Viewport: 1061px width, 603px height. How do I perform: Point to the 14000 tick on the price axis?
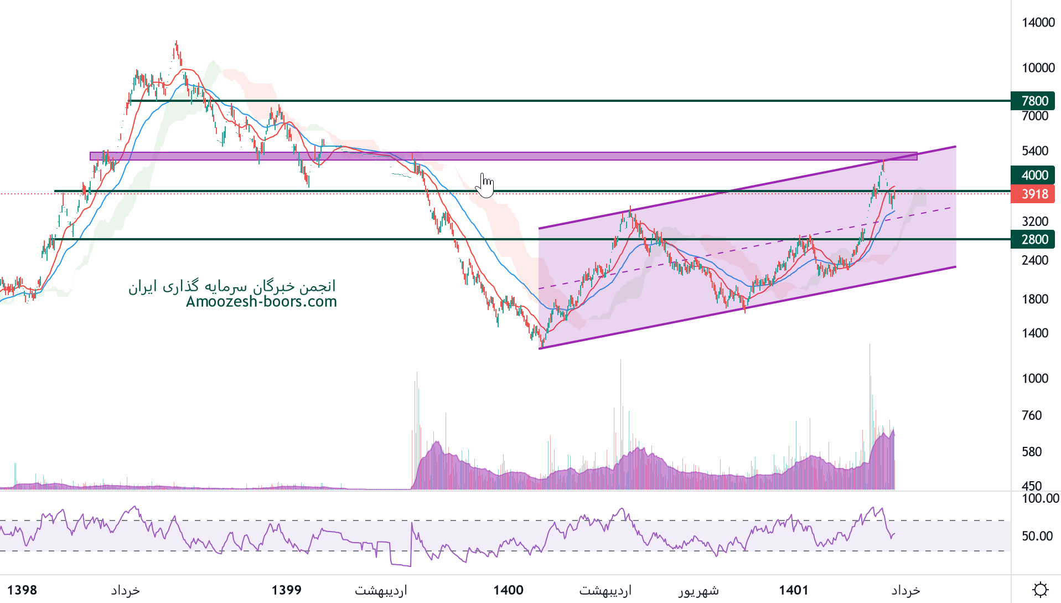pyautogui.click(x=1038, y=22)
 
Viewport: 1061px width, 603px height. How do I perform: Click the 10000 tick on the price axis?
pyautogui.click(x=1038, y=68)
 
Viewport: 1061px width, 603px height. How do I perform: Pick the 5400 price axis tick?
pyautogui.click(x=1035, y=151)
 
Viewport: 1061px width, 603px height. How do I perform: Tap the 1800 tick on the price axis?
pyautogui.click(x=1035, y=299)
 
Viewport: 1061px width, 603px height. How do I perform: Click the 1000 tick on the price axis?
pyautogui.click(x=1035, y=378)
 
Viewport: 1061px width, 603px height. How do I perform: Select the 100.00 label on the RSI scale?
pyautogui.click(x=1040, y=498)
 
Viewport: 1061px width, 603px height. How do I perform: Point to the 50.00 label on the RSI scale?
pyautogui.click(x=1037, y=536)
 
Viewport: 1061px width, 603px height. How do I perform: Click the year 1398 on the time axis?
pyautogui.click(x=22, y=590)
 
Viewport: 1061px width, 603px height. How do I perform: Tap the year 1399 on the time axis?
pyautogui.click(x=286, y=590)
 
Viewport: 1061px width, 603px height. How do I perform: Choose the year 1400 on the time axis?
pyautogui.click(x=508, y=590)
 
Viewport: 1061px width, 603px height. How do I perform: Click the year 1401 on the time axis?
pyautogui.click(x=794, y=590)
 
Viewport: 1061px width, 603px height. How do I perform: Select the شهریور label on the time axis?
pyautogui.click(x=698, y=591)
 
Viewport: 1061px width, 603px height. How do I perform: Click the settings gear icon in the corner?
pyautogui.click(x=1040, y=590)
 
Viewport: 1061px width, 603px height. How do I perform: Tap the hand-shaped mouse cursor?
pyautogui.click(x=485, y=185)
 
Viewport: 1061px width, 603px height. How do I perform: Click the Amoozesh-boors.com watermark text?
pyautogui.click(x=261, y=302)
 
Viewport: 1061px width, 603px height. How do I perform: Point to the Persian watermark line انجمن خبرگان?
pyautogui.click(x=232, y=286)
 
